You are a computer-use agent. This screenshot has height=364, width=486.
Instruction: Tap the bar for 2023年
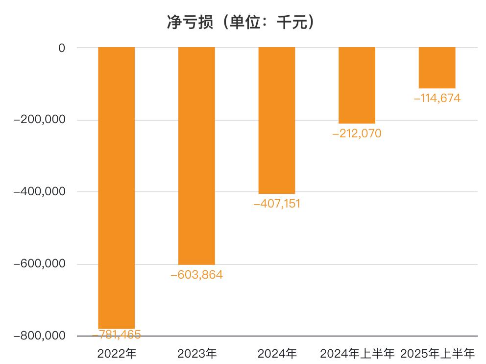196,156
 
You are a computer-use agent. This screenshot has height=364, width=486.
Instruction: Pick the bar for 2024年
277,121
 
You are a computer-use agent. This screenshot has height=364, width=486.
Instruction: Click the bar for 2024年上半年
357,85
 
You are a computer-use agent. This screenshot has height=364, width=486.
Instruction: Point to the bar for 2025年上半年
437,68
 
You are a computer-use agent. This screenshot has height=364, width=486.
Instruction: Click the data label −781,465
117,335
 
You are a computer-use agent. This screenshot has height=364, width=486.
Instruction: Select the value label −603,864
196,275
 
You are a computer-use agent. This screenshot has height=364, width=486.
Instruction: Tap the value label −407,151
277,204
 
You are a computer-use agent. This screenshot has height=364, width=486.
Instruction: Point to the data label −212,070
357,133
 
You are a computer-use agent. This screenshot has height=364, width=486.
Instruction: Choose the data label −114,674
437,98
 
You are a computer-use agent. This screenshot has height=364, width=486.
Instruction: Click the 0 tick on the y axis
62,48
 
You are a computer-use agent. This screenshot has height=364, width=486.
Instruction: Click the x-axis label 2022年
117,353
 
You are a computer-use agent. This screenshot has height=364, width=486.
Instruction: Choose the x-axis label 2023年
196,353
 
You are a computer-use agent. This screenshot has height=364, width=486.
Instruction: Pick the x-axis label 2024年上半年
357,353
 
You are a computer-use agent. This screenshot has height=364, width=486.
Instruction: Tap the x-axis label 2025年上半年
437,353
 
